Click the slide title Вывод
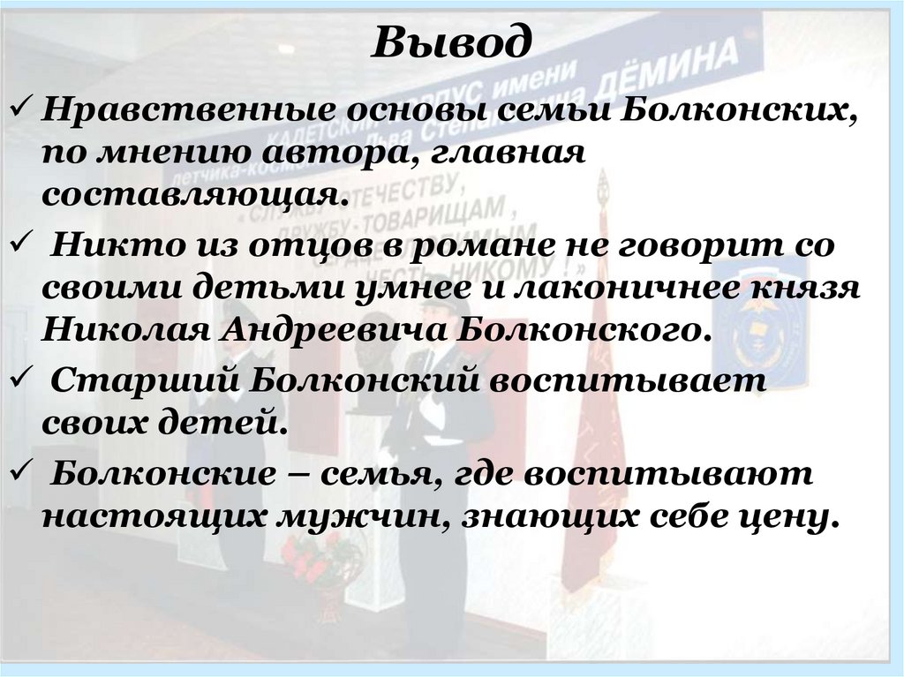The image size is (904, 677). coord(451,41)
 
